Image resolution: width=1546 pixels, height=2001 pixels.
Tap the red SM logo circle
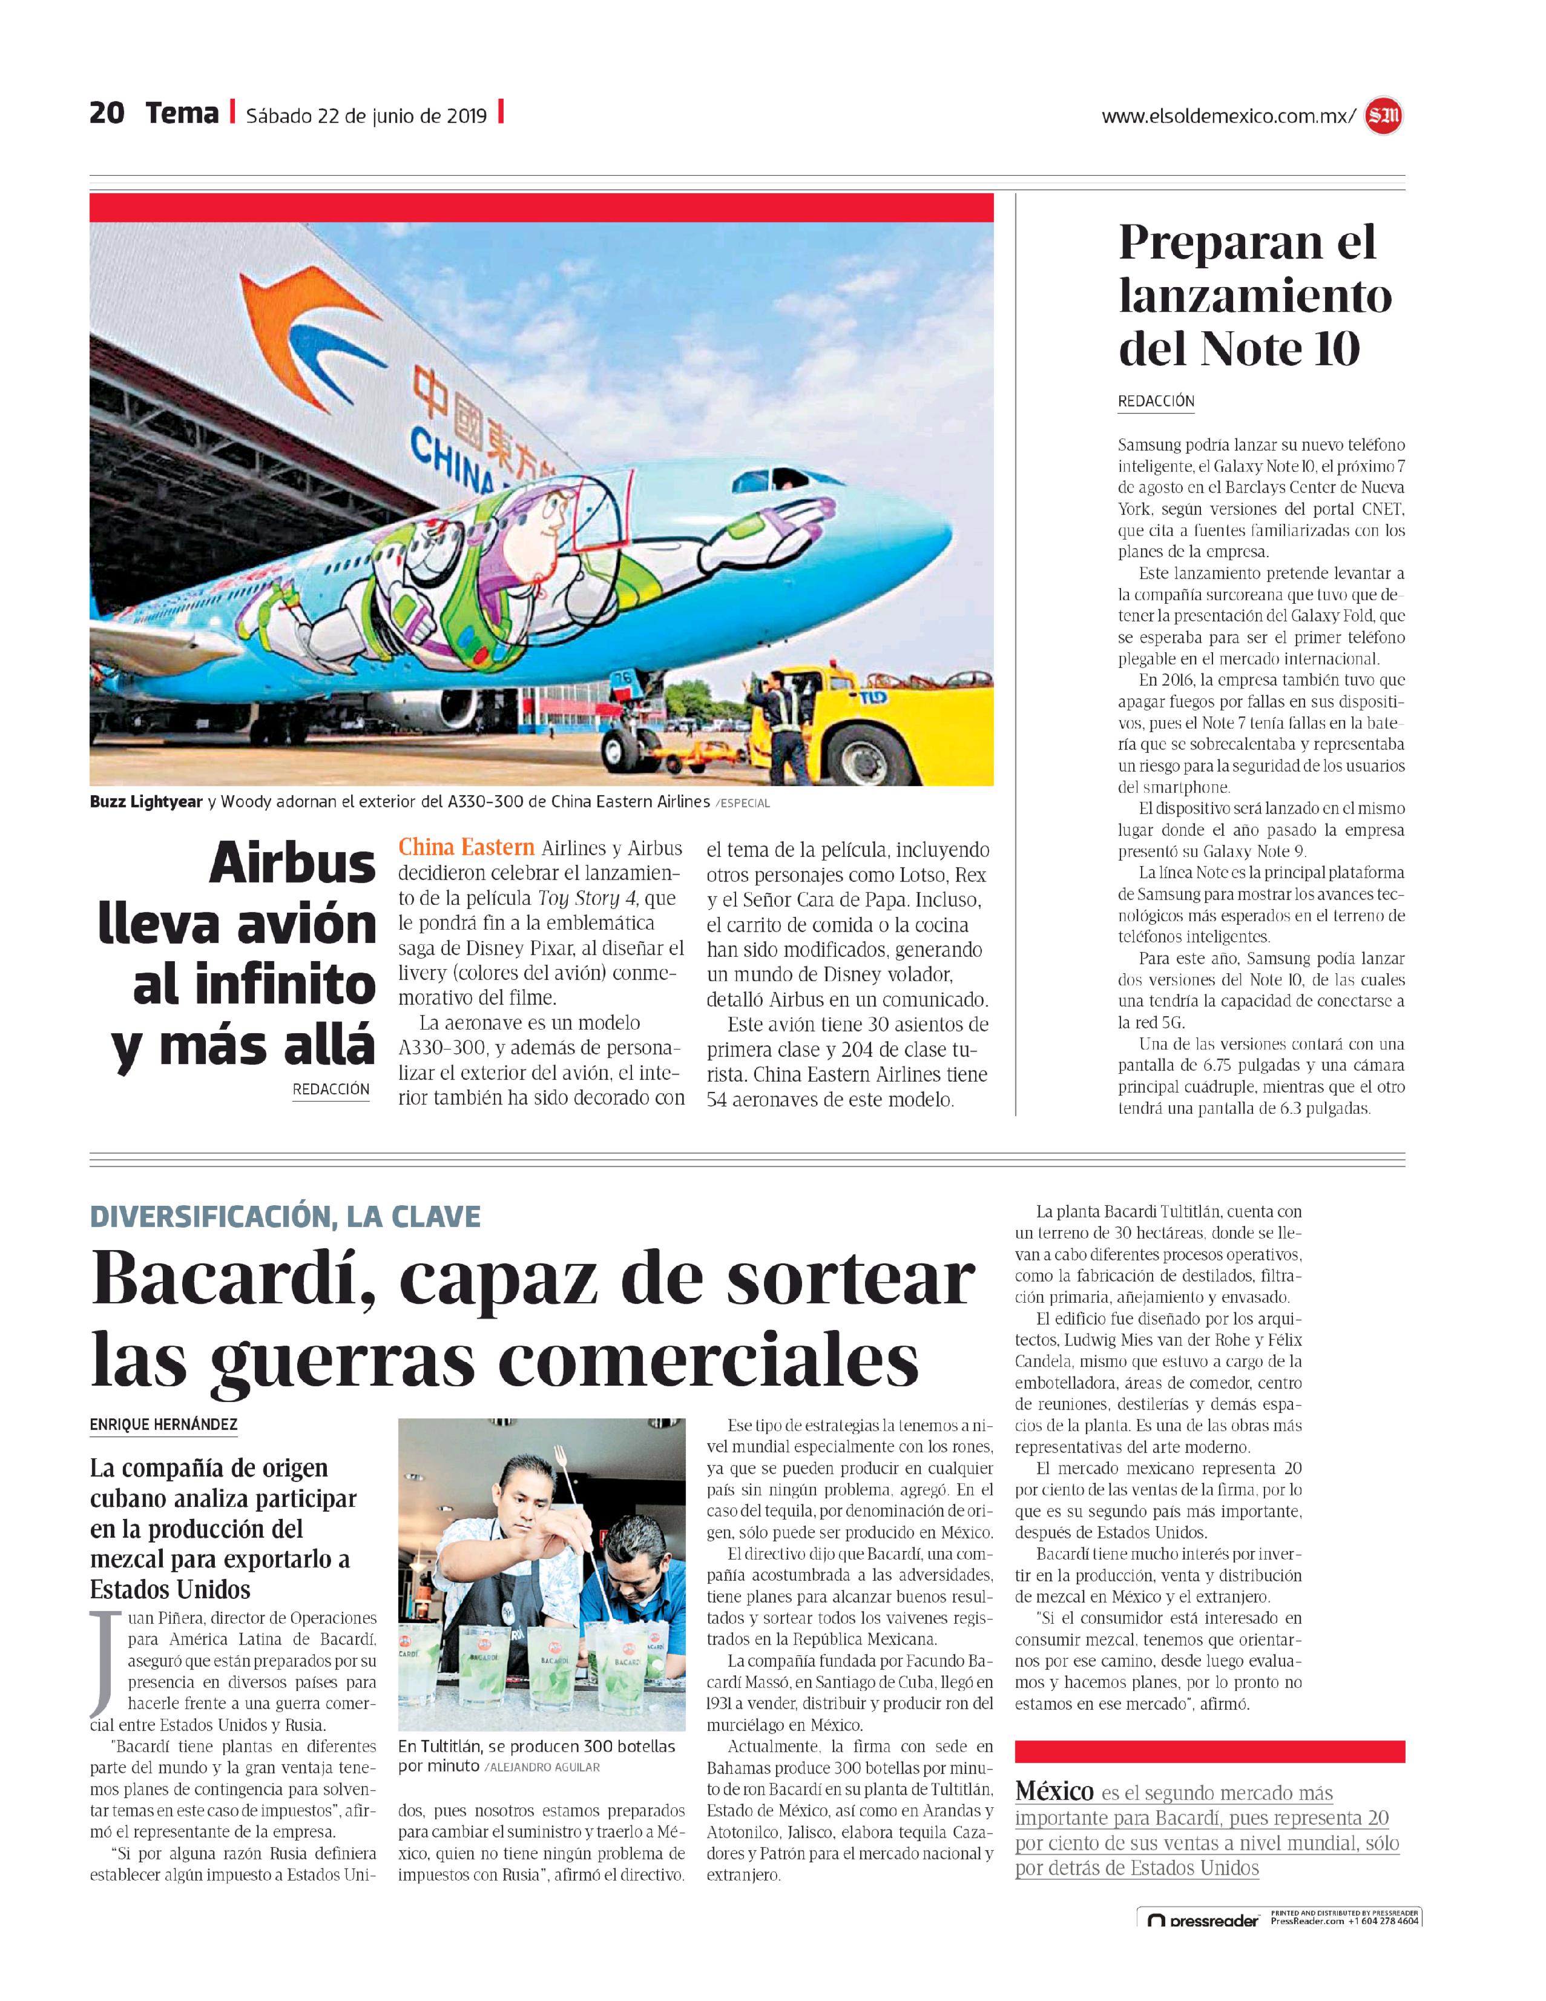pyautogui.click(x=1383, y=116)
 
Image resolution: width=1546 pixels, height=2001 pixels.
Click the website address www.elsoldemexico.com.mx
pyautogui.click(x=1226, y=116)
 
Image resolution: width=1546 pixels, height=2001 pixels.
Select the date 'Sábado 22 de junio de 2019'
pyautogui.click(x=366, y=116)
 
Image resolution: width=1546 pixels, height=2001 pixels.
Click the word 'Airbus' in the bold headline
pyautogui.click(x=292, y=864)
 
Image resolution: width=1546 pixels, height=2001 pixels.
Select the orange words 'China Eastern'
pyautogui.click(x=466, y=847)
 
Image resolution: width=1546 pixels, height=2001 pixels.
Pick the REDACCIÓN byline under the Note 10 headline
pyautogui.click(x=1156, y=402)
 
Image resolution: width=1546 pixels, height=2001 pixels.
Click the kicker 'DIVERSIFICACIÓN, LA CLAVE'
pyautogui.click(x=285, y=1217)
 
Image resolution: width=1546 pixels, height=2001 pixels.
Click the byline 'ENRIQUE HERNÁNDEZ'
pyautogui.click(x=163, y=1424)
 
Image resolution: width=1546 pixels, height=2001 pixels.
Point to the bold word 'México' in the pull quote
pyautogui.click(x=1054, y=1791)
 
